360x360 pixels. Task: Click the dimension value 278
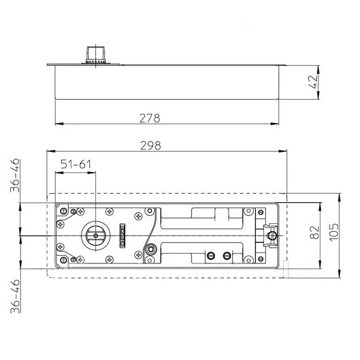pyautogui.click(x=149, y=118)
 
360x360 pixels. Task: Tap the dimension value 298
pyautogui.click(x=151, y=146)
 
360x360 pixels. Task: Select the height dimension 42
pyautogui.click(x=313, y=82)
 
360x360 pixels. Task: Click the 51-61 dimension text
pyautogui.click(x=76, y=164)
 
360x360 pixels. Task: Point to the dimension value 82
pyautogui.click(x=314, y=233)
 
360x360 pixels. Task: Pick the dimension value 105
pyautogui.click(x=334, y=232)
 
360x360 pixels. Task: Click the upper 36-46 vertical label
pyautogui.click(x=15, y=175)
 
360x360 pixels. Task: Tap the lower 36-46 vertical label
pyautogui.click(x=16, y=296)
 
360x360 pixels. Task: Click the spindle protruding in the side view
pyautogui.click(x=96, y=55)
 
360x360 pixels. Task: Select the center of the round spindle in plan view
pyautogui.click(x=96, y=236)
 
